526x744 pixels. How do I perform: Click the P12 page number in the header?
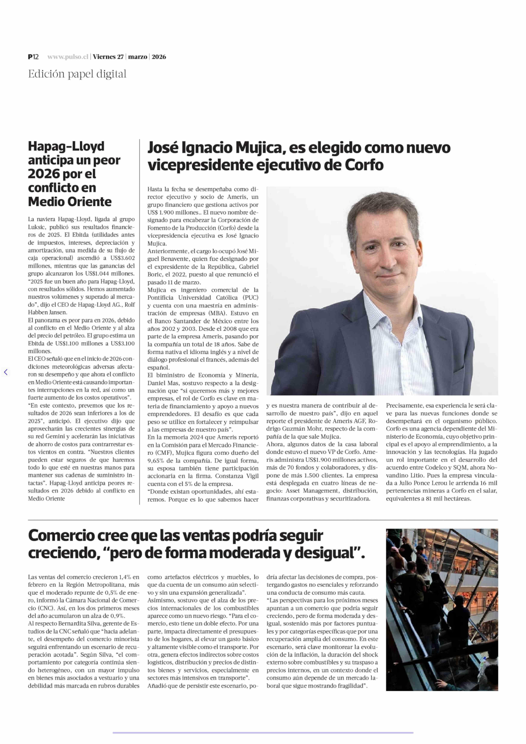tap(33, 57)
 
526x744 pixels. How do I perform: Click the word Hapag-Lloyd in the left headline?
tap(66, 146)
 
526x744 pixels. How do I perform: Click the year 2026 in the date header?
tap(159, 57)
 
